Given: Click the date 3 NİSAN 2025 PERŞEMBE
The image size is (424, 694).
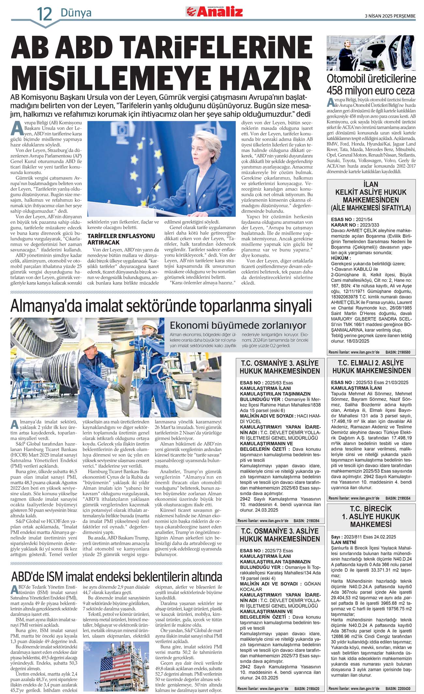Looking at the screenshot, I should point(390,16).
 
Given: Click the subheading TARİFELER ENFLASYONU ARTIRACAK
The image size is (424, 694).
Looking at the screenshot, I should point(121,239).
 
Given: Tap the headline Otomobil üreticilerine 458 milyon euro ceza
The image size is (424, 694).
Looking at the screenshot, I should point(371,84).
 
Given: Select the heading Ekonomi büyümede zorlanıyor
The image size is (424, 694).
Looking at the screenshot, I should point(238,325).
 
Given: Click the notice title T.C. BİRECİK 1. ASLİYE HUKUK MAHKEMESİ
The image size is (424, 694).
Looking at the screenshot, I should point(371,516).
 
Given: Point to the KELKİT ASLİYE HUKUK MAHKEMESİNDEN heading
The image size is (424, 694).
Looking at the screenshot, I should point(371,196).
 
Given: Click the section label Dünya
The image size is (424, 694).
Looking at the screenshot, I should point(76,13).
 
